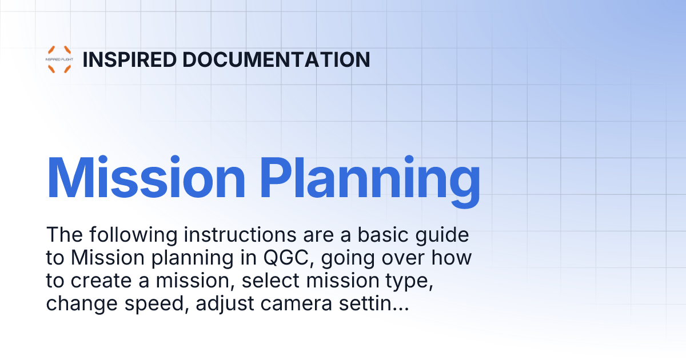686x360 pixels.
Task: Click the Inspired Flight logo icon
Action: point(59,59)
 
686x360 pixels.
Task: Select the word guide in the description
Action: point(444,235)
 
